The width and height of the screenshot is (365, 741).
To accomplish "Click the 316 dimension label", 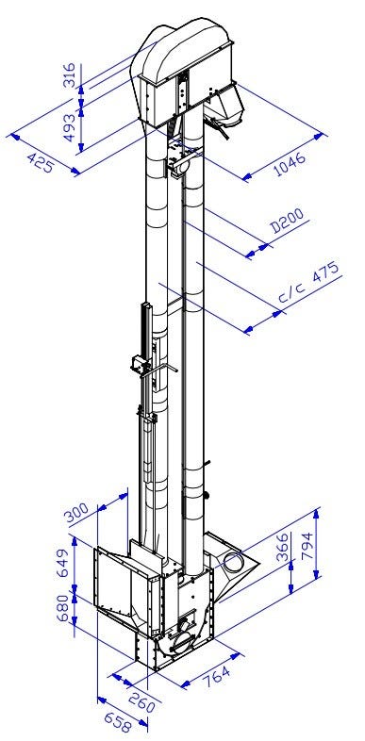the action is coord(69,74).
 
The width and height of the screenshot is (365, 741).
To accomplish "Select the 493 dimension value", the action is coord(69,127).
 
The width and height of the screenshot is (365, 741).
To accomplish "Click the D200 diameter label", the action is coord(287,221).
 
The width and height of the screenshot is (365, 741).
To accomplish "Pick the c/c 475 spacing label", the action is coord(309,282).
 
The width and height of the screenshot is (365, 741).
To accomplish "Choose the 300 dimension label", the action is coord(76,513).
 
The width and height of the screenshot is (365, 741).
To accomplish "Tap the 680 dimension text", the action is coord(64,609).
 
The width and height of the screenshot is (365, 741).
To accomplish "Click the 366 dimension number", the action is coord(282,547).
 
